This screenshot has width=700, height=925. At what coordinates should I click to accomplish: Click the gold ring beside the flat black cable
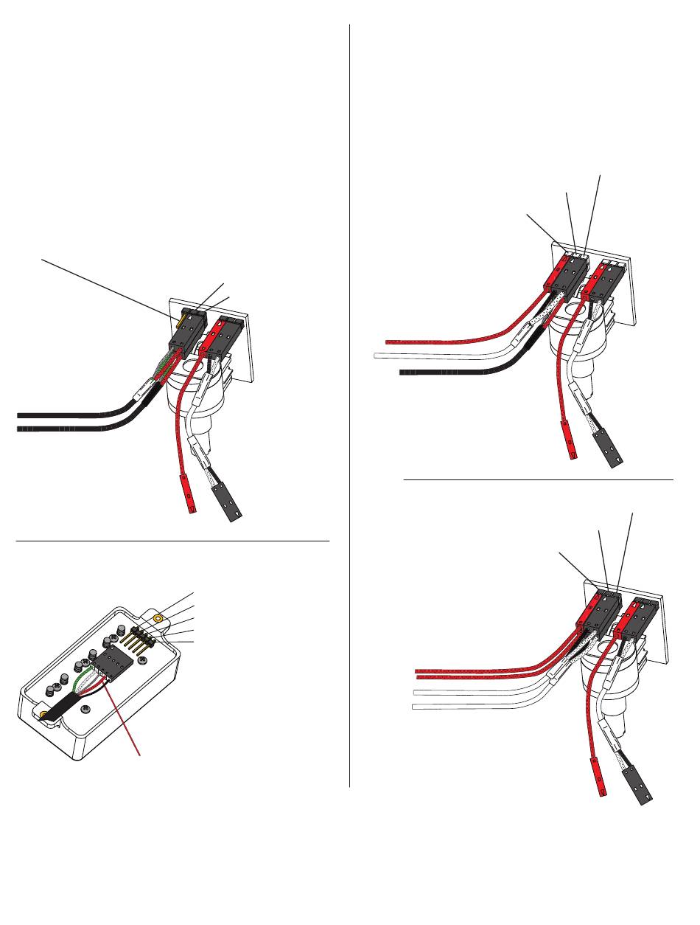(x=45, y=716)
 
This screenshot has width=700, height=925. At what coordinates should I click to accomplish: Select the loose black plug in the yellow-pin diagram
(x=229, y=507)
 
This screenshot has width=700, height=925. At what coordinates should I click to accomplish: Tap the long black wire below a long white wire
(x=442, y=372)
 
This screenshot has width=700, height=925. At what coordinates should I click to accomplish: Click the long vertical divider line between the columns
(x=349, y=406)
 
